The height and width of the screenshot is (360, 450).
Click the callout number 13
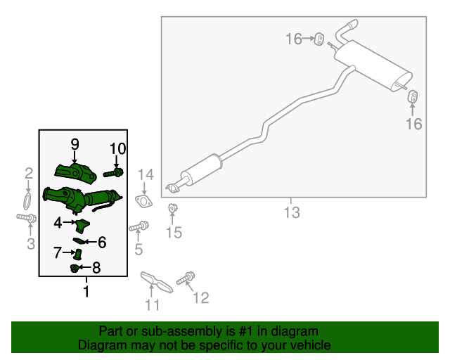point(292,211)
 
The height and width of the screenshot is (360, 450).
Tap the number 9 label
point(75,145)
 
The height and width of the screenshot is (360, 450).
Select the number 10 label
point(117,148)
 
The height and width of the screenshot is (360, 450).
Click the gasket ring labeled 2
point(27,202)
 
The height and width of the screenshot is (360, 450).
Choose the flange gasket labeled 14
point(143,202)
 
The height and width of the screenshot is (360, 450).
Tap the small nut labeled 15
point(172,208)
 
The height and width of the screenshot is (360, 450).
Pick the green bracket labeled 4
point(82,225)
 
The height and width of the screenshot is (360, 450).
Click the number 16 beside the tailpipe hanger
point(413,124)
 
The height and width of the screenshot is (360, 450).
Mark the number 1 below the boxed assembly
point(86,291)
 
